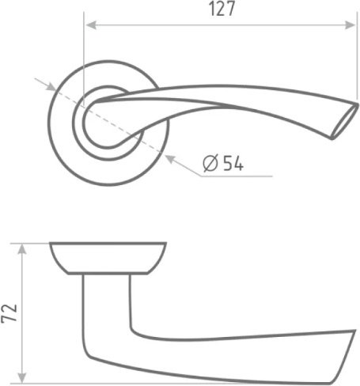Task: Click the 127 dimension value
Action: pyautogui.click(x=222, y=9)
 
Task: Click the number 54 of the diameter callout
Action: pyautogui.click(x=233, y=164)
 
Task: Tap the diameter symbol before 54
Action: pyautogui.click(x=210, y=164)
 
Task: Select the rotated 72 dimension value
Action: pyautogui.click(x=9, y=313)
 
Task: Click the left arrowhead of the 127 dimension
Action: pyautogui.click(x=91, y=25)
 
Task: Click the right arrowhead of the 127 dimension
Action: pyautogui.click(x=351, y=25)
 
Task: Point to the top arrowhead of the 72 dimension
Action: pyautogui.click(x=22, y=249)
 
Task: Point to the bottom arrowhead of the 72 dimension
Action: pyautogui.click(x=22, y=378)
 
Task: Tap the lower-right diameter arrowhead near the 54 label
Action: pyautogui.click(x=170, y=159)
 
